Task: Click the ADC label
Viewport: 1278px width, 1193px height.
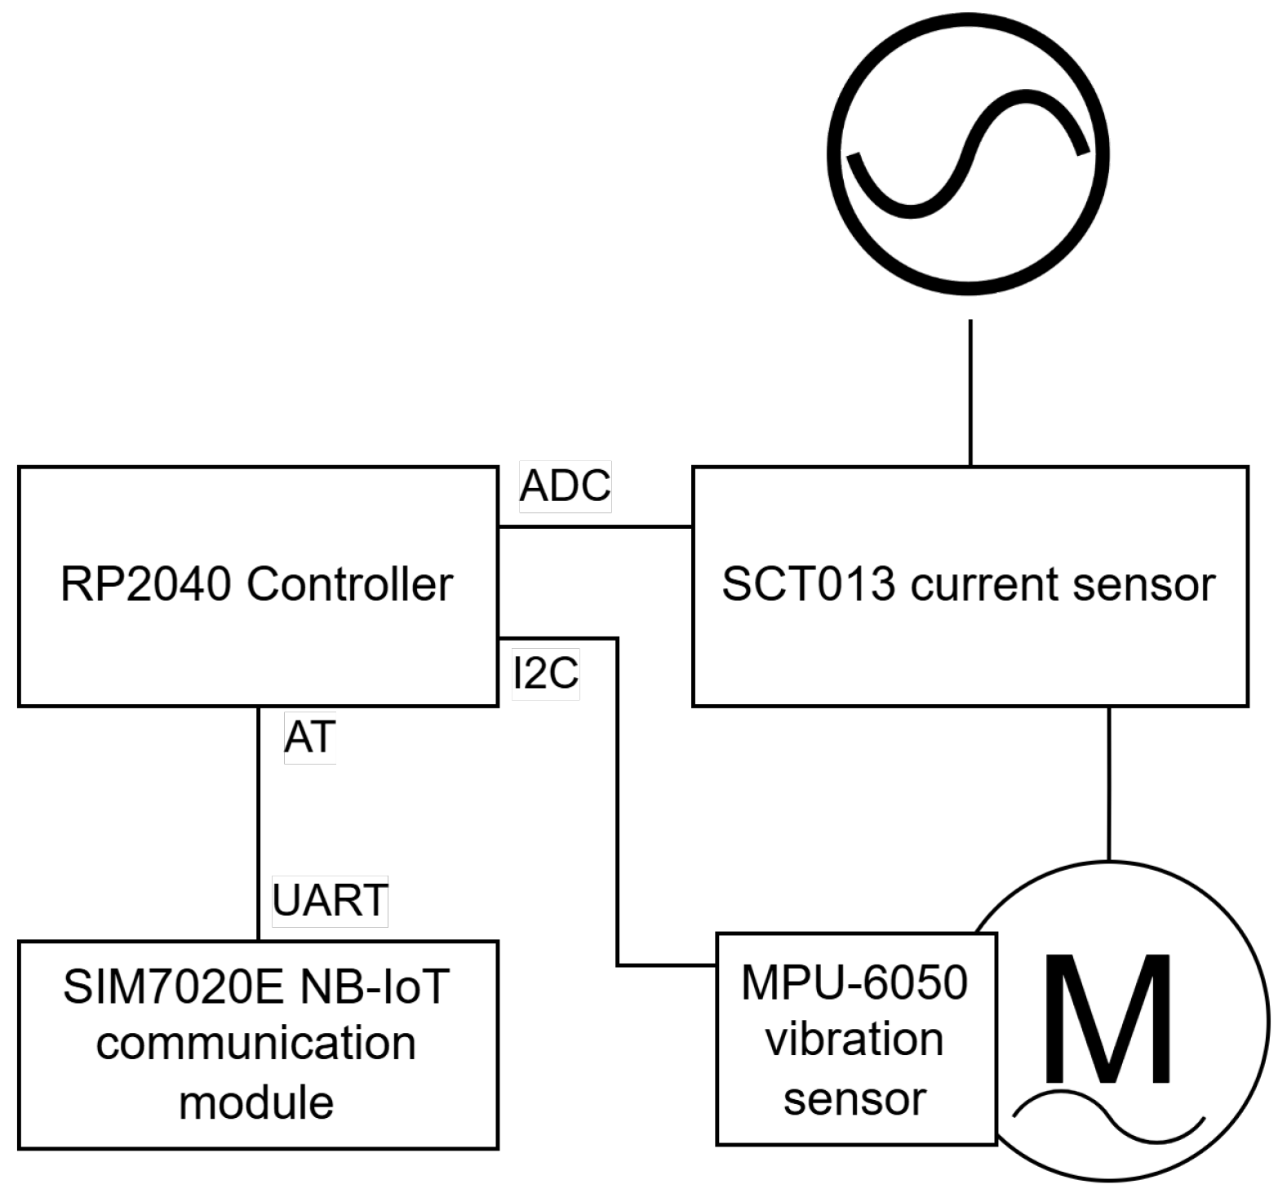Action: (x=565, y=487)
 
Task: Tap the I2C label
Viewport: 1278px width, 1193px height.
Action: (x=545, y=673)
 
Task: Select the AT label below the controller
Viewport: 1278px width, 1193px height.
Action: (x=309, y=738)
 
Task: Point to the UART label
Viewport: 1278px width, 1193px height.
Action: (x=330, y=901)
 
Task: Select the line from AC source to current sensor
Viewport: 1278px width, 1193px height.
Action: (x=970, y=392)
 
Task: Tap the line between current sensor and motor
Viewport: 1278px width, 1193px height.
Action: (x=1108, y=783)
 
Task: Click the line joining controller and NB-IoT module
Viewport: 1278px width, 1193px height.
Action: (x=258, y=824)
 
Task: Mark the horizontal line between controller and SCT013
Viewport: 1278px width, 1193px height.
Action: (x=595, y=527)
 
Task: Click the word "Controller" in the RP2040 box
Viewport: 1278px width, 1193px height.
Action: (x=349, y=585)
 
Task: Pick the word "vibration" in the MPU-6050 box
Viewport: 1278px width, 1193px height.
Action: (x=854, y=1040)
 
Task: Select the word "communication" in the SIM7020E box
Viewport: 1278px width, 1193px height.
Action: (x=256, y=1044)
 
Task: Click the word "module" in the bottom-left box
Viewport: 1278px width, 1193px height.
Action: (x=256, y=1102)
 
